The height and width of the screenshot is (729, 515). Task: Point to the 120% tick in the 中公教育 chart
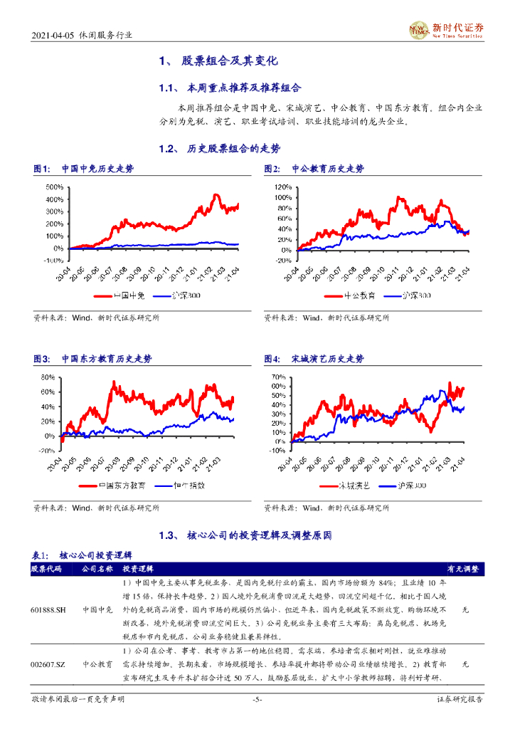point(282,187)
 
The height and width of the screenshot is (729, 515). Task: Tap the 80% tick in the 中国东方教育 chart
point(48,377)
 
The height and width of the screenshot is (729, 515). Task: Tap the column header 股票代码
point(46,570)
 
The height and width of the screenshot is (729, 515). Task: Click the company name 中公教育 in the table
point(97,663)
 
